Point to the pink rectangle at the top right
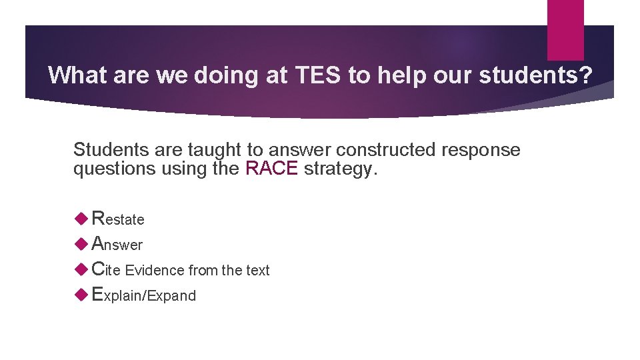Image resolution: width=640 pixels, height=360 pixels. coord(565,30)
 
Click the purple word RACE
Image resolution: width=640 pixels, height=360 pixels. coord(272,169)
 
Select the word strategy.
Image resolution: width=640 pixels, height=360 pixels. coord(341,169)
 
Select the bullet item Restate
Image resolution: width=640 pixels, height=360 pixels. coord(118,219)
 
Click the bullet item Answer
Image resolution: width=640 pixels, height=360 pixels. coord(117,244)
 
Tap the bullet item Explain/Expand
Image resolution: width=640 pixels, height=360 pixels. coord(143,295)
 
